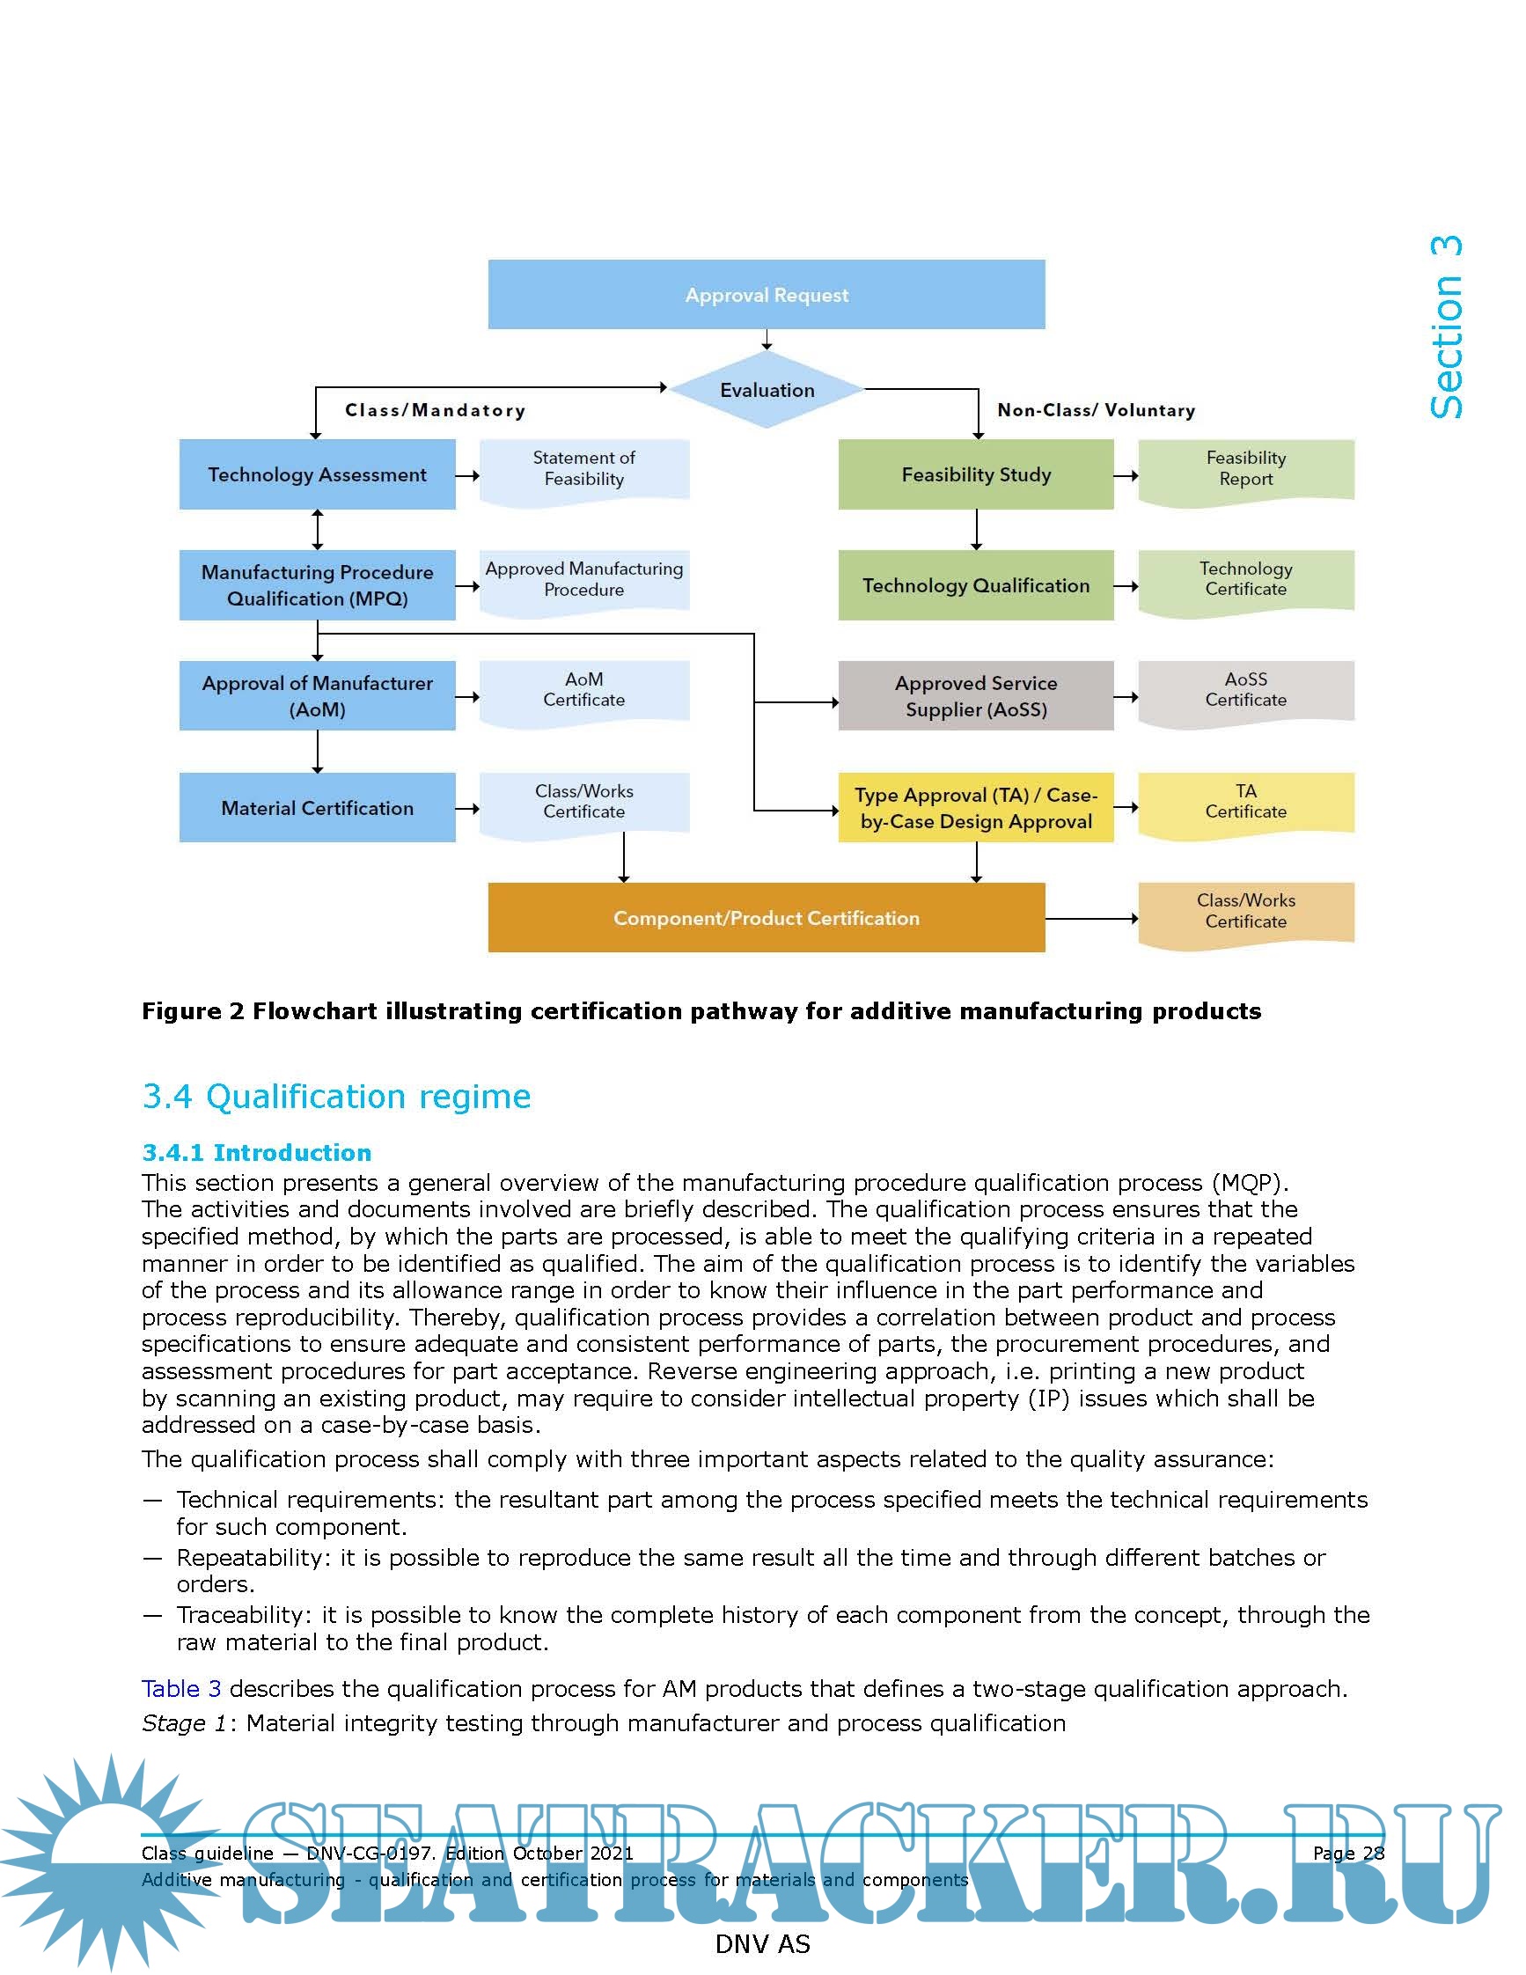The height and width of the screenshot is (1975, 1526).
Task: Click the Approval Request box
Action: [x=766, y=295]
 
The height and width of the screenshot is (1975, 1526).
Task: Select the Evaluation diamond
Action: [x=767, y=390]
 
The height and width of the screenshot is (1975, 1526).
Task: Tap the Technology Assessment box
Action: [x=318, y=474]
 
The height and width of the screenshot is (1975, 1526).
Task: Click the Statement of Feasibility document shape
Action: [x=584, y=469]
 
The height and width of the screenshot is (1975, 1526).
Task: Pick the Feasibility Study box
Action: [x=975, y=474]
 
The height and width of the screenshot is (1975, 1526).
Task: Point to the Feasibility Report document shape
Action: [x=1246, y=469]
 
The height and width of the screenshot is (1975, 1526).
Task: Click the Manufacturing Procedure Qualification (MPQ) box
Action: [x=318, y=585]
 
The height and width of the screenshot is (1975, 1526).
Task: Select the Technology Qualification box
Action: [x=975, y=585]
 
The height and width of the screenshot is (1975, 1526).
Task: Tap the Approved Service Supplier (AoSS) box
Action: [x=975, y=695]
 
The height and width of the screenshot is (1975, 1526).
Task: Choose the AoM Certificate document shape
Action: [x=584, y=690]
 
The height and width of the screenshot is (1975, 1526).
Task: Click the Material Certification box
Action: [x=318, y=808]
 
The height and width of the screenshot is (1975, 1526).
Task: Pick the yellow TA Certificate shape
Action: [x=1246, y=802]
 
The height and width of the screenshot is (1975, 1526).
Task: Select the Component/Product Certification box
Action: [x=766, y=918]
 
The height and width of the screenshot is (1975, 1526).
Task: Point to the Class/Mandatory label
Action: [x=435, y=410]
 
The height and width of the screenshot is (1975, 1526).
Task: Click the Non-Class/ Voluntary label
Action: [x=1096, y=410]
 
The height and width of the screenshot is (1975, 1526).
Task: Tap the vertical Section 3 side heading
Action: [x=1447, y=327]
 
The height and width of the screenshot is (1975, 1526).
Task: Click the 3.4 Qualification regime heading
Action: [x=336, y=1097]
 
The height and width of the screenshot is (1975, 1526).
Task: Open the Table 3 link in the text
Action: [x=180, y=1689]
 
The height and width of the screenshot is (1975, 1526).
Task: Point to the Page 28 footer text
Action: [x=1348, y=1853]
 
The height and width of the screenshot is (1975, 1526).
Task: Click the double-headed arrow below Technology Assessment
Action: [x=318, y=530]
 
